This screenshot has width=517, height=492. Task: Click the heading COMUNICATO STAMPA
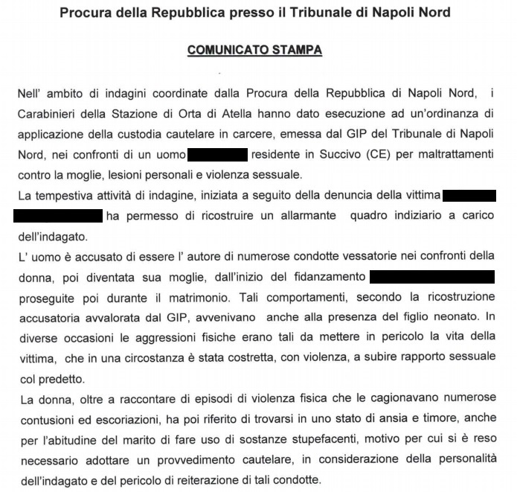(254, 51)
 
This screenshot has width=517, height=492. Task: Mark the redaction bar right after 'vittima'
(469, 197)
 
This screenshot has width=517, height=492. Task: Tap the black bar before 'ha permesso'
(58, 217)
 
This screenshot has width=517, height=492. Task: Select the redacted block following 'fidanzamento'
(431, 277)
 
